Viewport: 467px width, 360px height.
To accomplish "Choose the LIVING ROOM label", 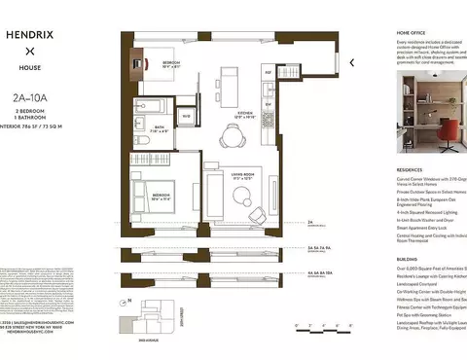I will (x=243, y=177).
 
